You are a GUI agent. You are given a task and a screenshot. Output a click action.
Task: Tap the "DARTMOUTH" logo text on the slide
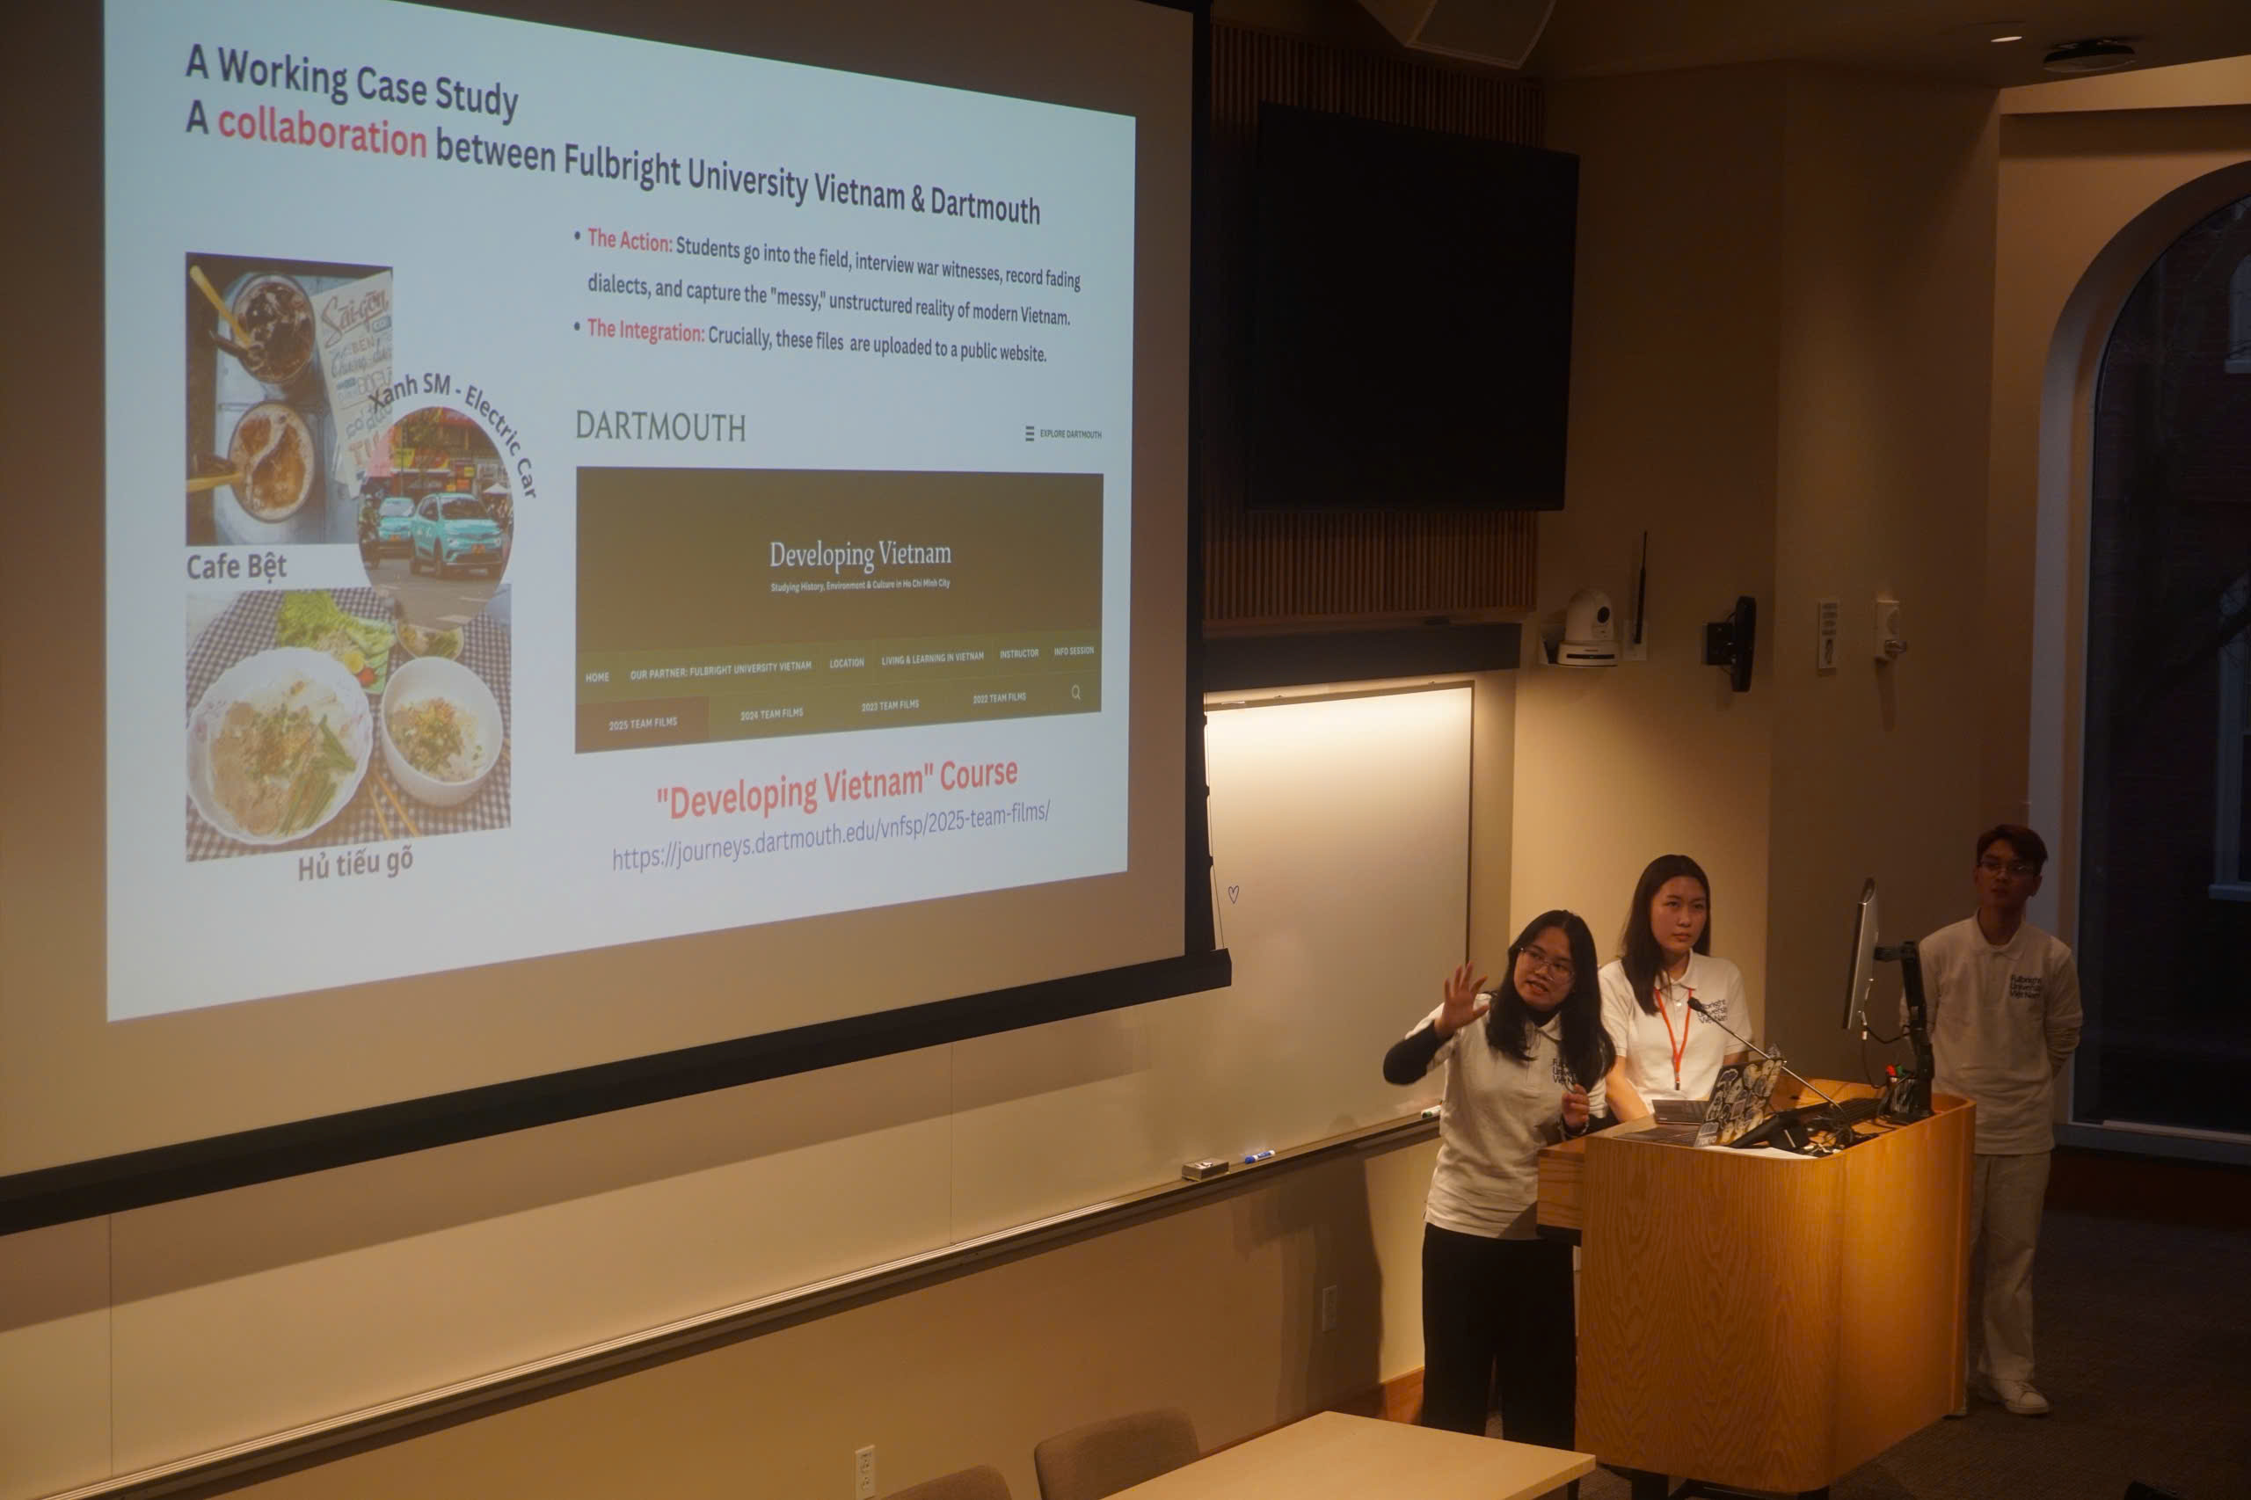click(x=660, y=426)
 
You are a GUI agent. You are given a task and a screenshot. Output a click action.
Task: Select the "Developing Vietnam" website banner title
click(x=859, y=554)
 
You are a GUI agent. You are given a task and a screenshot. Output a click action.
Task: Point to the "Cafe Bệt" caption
click(x=237, y=567)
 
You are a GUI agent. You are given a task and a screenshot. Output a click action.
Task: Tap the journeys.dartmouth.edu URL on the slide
click(x=830, y=834)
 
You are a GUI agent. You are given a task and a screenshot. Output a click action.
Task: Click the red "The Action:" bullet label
click(x=630, y=241)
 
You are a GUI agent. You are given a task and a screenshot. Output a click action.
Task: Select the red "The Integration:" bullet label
click(x=645, y=331)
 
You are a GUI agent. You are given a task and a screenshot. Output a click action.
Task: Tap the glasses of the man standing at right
click(x=2006, y=869)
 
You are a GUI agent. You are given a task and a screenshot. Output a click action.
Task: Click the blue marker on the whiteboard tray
click(x=1258, y=1156)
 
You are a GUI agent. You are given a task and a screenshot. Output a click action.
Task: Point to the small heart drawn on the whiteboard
click(x=1233, y=893)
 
